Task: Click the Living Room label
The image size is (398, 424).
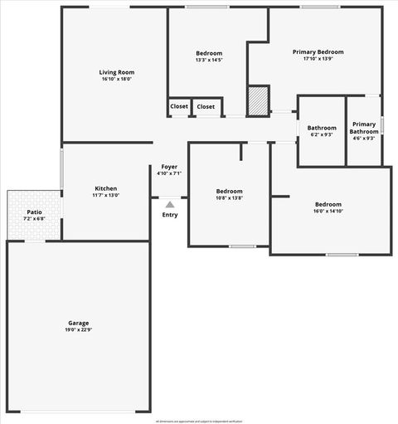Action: tap(117, 72)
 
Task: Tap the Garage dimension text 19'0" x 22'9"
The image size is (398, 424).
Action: tap(79, 329)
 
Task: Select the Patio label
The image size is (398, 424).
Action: tap(34, 212)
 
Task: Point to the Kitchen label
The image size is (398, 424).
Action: tap(105, 188)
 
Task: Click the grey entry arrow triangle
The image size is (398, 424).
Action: tap(170, 203)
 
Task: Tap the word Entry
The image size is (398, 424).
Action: tap(170, 215)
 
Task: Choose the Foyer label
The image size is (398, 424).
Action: tap(169, 167)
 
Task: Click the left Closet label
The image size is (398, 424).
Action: tap(179, 106)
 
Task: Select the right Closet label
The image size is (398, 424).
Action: tap(206, 106)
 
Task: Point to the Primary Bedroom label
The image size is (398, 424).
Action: tap(318, 51)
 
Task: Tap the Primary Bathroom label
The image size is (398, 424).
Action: tap(364, 127)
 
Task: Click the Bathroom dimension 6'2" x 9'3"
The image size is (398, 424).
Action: tap(322, 134)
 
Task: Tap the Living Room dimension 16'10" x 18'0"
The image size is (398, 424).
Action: tap(117, 79)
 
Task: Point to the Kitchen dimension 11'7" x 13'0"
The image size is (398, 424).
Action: tap(105, 195)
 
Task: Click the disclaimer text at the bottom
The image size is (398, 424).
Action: tap(198, 420)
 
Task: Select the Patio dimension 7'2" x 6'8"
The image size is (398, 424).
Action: tap(34, 219)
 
